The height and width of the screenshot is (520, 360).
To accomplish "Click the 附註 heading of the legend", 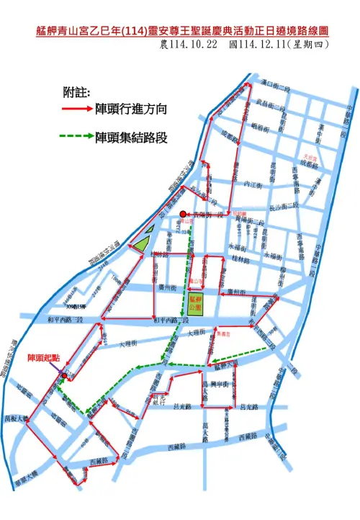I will coord(77,93).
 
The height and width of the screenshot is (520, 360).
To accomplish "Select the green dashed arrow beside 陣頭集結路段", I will coord(77,136).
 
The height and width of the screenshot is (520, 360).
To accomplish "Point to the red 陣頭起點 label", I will coord(45,357).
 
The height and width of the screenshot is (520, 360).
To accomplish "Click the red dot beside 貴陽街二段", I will coord(184,213).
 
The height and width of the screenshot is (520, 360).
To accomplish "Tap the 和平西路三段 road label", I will coord(66,319).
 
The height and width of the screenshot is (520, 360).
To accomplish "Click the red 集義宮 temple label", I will coord(222,334).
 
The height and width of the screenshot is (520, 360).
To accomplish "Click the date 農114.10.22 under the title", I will coord(189,45).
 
